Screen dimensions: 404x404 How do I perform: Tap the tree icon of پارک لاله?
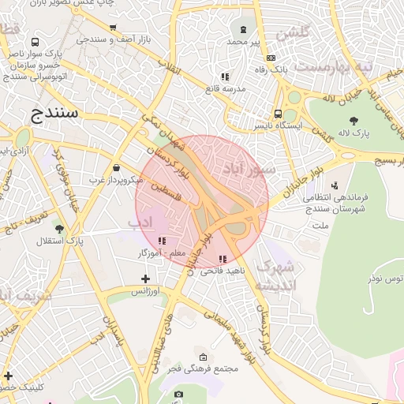click(x=353, y=120)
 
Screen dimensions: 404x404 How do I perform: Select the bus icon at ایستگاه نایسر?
click(x=277, y=114)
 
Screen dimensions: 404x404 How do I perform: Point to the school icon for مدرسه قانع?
click(x=225, y=77)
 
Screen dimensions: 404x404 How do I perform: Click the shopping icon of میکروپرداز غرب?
click(x=117, y=167)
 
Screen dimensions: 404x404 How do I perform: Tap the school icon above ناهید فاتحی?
click(x=222, y=259)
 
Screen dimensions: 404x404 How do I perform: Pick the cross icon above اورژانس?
click(x=144, y=279)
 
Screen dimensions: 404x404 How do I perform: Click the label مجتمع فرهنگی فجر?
click(x=204, y=369)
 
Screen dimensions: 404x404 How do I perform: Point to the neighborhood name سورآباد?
click(x=250, y=167)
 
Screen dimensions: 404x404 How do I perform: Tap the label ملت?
click(x=320, y=226)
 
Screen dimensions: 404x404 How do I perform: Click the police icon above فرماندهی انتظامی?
click(x=335, y=185)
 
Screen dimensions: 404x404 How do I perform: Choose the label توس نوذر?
click(x=388, y=279)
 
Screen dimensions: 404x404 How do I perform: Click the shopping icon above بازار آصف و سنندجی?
click(x=112, y=27)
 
